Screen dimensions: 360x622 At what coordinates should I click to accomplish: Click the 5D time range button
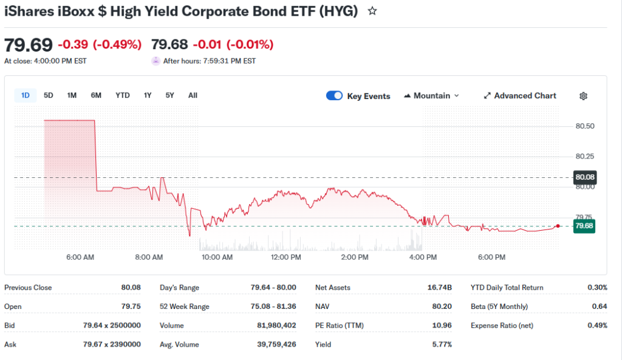(49, 95)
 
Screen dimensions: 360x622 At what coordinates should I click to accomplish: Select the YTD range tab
(123, 95)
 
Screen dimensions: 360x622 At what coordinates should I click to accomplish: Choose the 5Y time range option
(169, 95)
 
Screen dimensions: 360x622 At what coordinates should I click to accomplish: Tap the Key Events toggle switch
(335, 96)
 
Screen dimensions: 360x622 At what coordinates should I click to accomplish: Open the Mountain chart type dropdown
(431, 96)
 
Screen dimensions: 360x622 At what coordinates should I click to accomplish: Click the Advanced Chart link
(520, 96)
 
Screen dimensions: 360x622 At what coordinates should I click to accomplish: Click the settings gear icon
(584, 96)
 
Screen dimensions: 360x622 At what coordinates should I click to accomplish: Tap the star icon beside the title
(372, 11)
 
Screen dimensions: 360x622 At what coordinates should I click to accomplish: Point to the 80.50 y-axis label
(584, 126)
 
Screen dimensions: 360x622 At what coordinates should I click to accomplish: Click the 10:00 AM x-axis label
(217, 257)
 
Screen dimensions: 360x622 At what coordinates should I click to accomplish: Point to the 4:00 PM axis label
(423, 257)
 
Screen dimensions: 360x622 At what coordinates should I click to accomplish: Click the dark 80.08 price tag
(584, 177)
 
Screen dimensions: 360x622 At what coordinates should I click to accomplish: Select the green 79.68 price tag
(584, 226)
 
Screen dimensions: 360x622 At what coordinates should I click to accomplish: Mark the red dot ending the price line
(558, 226)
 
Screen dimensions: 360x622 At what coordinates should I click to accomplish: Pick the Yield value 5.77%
(442, 345)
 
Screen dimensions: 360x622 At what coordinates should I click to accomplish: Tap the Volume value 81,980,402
(276, 325)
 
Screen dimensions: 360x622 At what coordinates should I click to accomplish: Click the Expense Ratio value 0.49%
(596, 325)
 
